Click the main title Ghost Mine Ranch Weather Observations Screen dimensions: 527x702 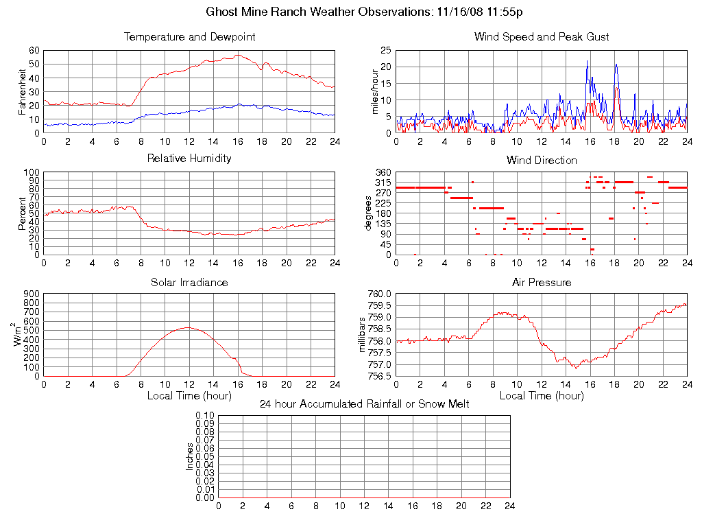(365, 12)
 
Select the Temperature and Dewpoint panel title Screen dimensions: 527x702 (190, 36)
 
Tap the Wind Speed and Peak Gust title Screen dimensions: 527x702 (542, 36)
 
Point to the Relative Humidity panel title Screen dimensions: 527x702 (190, 159)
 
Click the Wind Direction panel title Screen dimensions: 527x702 (542, 160)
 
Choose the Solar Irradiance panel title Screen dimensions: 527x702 (190, 282)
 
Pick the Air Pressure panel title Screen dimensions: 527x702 (542, 282)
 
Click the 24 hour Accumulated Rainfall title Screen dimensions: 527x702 (365, 404)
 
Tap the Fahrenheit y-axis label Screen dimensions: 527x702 (23, 92)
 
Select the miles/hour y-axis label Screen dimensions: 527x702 (375, 92)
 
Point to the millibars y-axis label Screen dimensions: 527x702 (364, 335)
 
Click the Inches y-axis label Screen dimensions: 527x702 (190, 456)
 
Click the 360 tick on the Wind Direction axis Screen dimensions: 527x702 (382, 172)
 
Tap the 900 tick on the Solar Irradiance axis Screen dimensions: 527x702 (32, 294)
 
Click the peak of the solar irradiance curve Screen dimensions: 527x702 (188, 327)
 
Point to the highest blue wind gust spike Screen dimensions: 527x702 (587, 61)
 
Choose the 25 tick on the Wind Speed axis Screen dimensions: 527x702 (385, 50)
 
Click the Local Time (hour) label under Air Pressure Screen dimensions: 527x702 (542, 395)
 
